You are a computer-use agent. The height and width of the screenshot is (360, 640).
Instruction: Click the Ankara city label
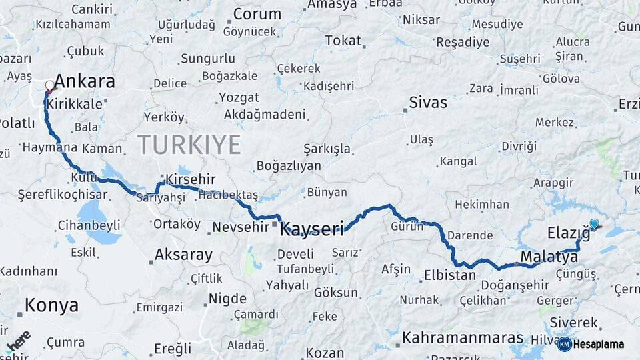[x=84, y=82]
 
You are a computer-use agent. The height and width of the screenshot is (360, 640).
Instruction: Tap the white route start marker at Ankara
[x=49, y=85]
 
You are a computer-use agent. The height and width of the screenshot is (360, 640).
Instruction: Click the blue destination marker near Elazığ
[x=594, y=224]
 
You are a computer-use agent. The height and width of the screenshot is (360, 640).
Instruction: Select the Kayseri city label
[x=312, y=230]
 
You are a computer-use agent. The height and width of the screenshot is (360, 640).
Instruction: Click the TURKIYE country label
[x=189, y=144]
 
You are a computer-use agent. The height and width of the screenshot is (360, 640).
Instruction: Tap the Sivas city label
[x=427, y=103]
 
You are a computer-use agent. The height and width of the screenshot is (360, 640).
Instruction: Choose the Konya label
[x=51, y=305]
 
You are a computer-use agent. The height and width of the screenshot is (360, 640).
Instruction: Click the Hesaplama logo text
[x=599, y=344]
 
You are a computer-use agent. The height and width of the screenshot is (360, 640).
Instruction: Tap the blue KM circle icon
[x=564, y=344]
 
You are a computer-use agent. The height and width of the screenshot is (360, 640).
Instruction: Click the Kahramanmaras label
[x=463, y=337]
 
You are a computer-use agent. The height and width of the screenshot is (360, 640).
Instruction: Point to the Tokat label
[x=343, y=41]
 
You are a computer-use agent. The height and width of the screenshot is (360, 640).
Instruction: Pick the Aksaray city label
[x=183, y=254]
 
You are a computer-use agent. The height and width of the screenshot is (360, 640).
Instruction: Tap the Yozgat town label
[x=239, y=97]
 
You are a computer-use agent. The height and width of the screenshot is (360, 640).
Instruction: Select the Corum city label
[x=257, y=14]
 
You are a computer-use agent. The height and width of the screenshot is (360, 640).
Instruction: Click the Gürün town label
[x=407, y=226]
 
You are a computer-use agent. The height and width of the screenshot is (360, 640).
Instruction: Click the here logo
[x=19, y=340]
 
